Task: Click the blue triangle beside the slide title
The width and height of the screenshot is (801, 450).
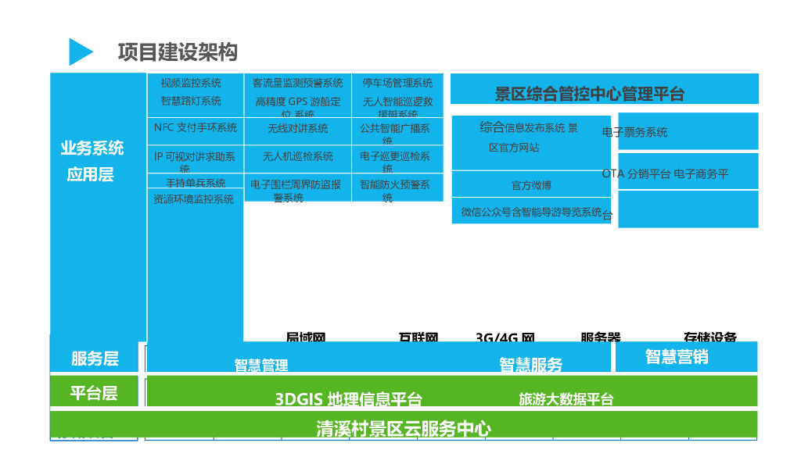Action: coord(80,52)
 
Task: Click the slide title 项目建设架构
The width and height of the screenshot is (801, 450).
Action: coord(178,52)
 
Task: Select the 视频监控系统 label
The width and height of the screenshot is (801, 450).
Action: coord(191,83)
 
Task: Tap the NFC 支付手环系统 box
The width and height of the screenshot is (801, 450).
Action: coord(196,128)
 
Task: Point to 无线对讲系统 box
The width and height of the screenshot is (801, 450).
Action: coord(298,129)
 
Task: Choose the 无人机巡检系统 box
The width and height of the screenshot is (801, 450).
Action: coord(298,157)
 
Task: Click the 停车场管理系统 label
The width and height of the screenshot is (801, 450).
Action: coord(397,83)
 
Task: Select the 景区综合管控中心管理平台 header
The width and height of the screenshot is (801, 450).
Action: coord(590,95)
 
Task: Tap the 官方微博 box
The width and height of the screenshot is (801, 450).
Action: coord(531,186)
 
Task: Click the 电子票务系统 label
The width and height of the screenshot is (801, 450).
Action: coord(635,133)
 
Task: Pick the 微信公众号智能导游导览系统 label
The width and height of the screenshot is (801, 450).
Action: coord(532,212)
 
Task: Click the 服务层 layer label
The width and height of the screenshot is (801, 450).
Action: coord(95,359)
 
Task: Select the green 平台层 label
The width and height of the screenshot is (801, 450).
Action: coord(94,393)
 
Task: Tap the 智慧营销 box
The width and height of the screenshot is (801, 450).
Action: coord(677,356)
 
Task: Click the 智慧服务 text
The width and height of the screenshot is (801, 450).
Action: coord(531,364)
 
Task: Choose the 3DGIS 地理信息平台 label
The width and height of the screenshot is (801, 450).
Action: coord(349,399)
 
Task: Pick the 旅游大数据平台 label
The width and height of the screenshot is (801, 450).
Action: coord(566,399)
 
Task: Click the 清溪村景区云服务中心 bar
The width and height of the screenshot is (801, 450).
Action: coord(404,428)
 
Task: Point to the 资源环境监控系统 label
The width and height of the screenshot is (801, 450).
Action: coord(193,200)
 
